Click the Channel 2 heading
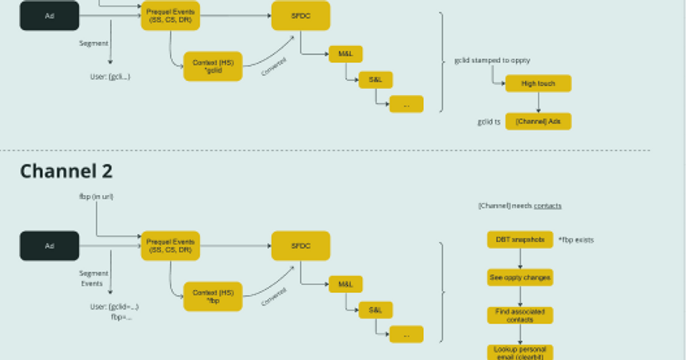point(66,171)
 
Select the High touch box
point(538,83)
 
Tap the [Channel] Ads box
point(538,121)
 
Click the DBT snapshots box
point(520,239)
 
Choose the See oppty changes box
point(520,278)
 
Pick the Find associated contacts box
point(520,315)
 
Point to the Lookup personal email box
point(520,352)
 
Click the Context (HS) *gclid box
point(213,66)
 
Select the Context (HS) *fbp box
point(213,296)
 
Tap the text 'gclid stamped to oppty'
point(492,60)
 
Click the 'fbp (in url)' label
point(96,197)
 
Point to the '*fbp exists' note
point(576,240)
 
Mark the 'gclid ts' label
point(489,122)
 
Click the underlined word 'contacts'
point(548,206)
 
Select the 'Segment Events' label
point(91,279)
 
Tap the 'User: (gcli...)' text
point(110,77)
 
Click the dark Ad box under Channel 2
point(50,246)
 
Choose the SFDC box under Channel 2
point(301,246)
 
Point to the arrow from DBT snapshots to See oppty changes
point(520,258)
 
